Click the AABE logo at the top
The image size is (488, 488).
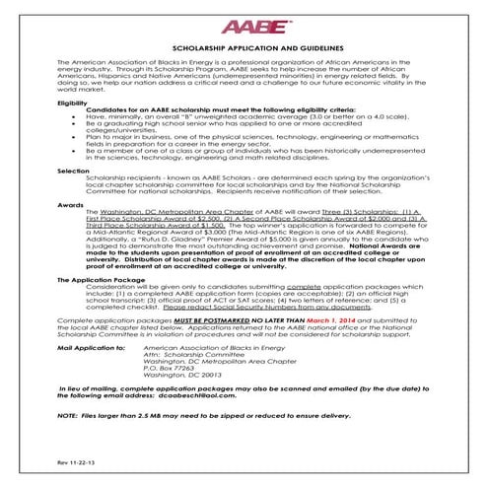point(244,27)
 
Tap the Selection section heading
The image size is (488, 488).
point(74,169)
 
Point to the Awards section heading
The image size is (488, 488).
point(71,204)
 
